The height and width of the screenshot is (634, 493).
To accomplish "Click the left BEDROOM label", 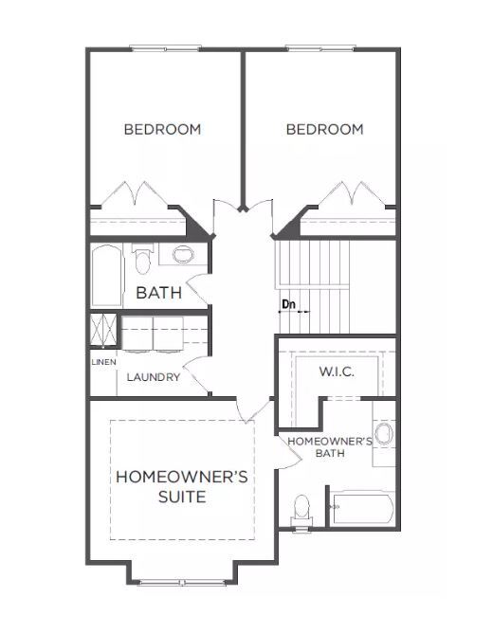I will tap(162, 130).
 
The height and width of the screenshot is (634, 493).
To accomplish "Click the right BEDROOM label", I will tap(324, 130).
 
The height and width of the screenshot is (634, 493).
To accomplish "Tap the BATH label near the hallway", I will tap(158, 293).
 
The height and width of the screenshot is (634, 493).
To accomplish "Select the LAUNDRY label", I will tap(153, 377).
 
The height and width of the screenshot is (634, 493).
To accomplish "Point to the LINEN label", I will tap(102, 362).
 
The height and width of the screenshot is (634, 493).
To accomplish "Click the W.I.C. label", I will tap(337, 372).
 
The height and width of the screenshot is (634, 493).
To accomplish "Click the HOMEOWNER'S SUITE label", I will tap(181, 487).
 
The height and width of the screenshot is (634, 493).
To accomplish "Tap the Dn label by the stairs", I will tap(289, 304).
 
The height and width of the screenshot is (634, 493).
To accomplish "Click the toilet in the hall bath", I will tap(143, 260).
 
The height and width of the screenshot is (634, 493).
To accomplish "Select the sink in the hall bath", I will tap(183, 255).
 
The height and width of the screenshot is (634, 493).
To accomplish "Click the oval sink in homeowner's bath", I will tap(383, 436).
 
